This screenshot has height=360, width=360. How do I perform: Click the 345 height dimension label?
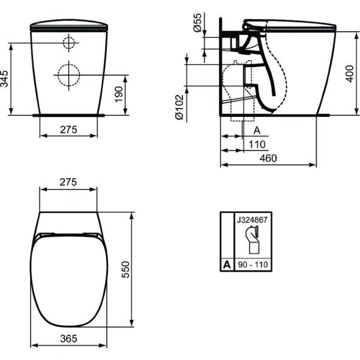[x=5, y=79]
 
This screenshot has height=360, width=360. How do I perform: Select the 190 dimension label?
[x=119, y=94]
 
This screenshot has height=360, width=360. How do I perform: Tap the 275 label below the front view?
[x=68, y=130]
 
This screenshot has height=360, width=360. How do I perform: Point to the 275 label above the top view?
[x=68, y=182]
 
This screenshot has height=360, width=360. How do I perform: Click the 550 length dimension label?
[x=125, y=269]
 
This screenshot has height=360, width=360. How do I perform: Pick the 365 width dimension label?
[x=68, y=338]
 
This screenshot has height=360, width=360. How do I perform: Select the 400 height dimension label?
[x=350, y=73]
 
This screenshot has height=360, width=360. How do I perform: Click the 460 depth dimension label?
[x=268, y=158]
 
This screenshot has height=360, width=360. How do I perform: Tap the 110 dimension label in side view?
[x=257, y=145]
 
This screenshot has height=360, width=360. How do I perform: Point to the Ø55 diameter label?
[x=197, y=23]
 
